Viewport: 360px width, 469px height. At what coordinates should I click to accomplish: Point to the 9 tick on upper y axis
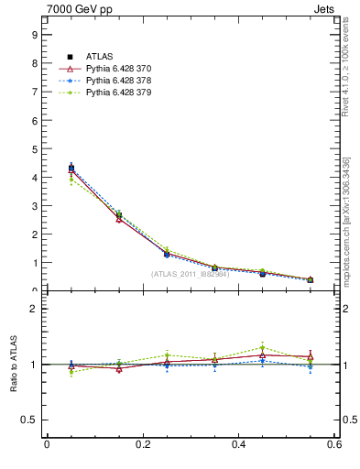coord(35,35)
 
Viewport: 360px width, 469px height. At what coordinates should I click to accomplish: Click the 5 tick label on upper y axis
coord(35,148)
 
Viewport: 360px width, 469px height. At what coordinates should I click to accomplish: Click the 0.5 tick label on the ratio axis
coord(31,420)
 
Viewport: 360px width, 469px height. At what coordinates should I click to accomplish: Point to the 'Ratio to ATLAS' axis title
coord(14,364)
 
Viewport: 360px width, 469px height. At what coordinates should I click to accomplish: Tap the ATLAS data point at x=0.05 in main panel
coord(71,168)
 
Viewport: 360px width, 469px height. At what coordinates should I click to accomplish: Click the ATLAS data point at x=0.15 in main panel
coord(119,215)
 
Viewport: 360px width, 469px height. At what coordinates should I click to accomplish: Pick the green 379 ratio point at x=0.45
coord(262,347)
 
